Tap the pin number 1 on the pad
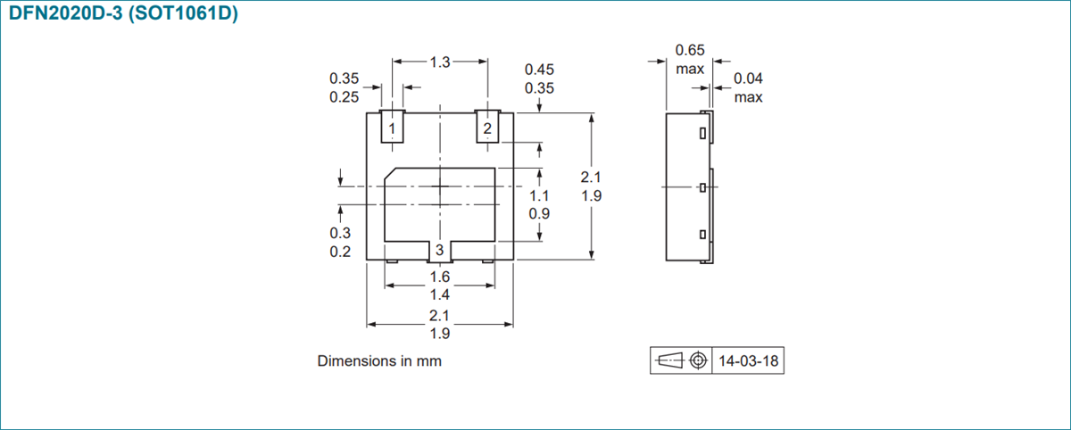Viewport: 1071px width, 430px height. coord(392,129)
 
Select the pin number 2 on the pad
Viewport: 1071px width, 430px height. coord(487,129)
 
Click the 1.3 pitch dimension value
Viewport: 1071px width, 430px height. coord(440,62)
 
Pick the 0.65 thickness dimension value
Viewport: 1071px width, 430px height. coord(689,50)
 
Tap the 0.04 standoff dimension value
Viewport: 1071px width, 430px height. coord(748,79)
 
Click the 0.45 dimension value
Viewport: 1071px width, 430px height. coord(539,70)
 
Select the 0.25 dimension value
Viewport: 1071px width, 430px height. coord(345,97)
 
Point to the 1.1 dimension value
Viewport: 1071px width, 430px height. coord(539,195)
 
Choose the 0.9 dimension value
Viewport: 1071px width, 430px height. coord(539,214)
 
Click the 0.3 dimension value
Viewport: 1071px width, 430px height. coord(340,233)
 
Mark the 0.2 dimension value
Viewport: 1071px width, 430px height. coord(340,252)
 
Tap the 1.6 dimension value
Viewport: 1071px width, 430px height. coord(439,277)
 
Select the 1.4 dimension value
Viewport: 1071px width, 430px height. coord(439,295)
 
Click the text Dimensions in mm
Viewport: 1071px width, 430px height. coord(379,361)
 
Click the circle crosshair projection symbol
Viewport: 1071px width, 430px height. coord(699,360)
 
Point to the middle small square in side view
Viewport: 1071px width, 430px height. coord(703,187)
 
